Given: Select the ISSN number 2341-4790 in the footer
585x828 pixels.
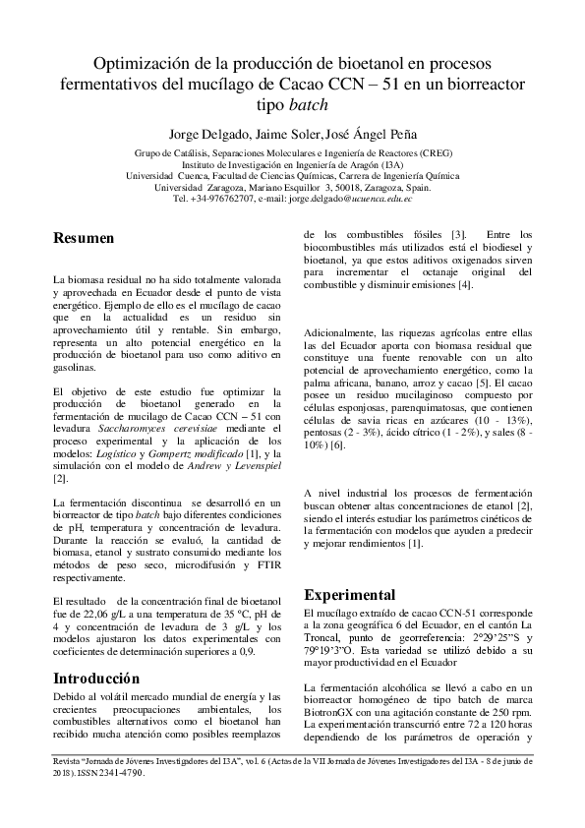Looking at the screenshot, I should pyautogui.click(x=141, y=801).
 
